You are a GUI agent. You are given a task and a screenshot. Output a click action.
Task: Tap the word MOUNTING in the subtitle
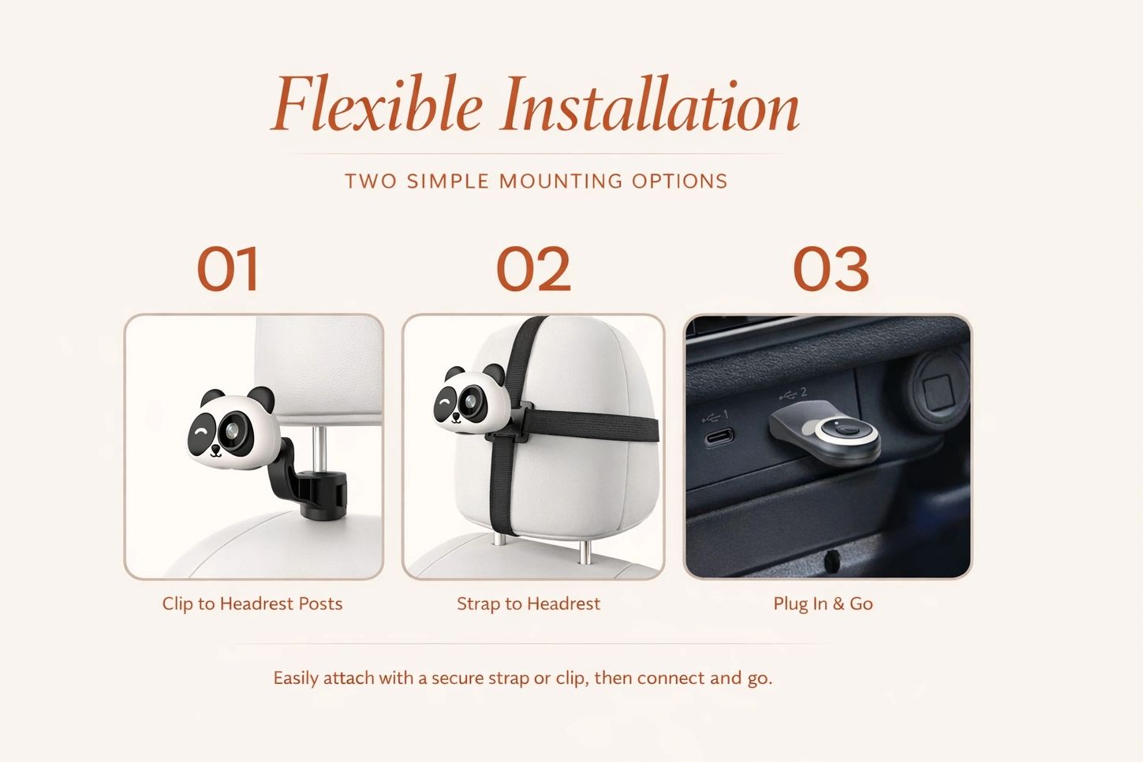coord(560,181)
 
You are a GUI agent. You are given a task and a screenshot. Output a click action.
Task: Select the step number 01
coord(228,269)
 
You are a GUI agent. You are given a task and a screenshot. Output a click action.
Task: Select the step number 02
coord(533,269)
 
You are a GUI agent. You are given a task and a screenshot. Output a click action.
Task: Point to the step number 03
coord(831,269)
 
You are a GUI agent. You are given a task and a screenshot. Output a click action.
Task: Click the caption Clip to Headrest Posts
coord(252,603)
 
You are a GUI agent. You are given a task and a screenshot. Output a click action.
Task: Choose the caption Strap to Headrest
coord(529,603)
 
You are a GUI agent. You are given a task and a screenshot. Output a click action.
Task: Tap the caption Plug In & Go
coord(823,603)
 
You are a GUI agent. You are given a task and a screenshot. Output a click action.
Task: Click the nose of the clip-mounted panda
coord(215,450)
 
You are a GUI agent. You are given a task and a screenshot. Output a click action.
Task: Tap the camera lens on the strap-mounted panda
coord(469,402)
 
